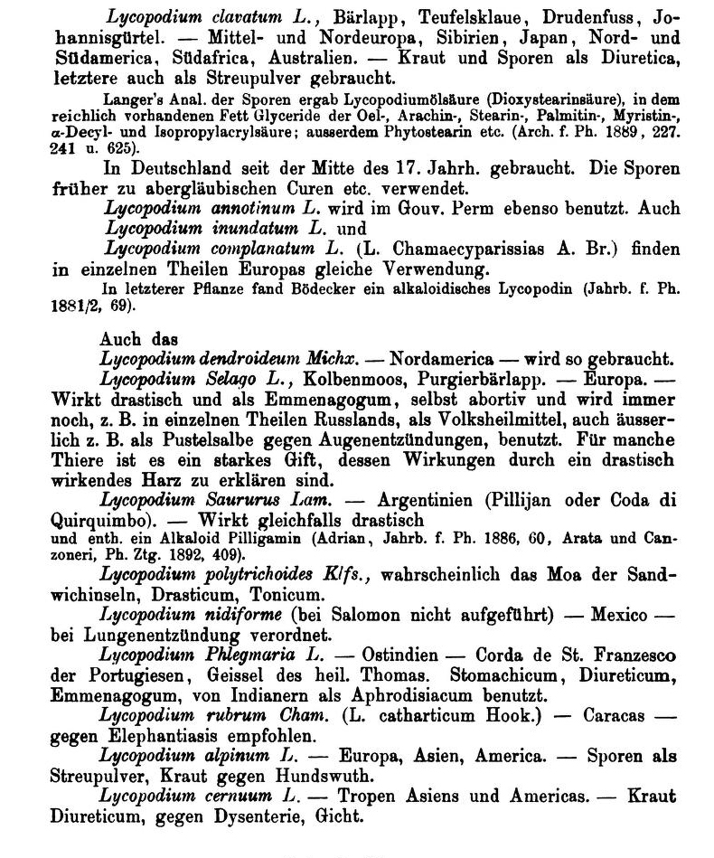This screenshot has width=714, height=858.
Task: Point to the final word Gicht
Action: tap(342, 817)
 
